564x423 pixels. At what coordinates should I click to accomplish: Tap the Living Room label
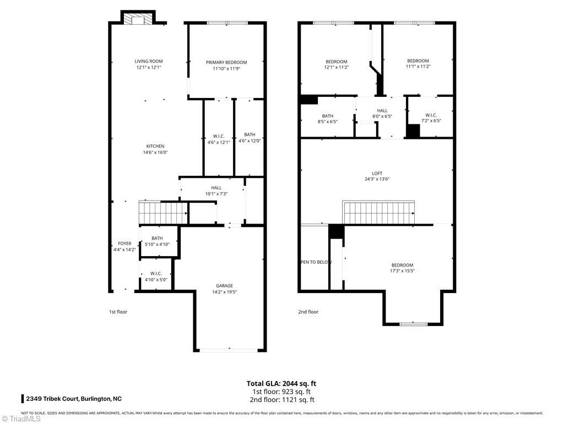tap(149, 61)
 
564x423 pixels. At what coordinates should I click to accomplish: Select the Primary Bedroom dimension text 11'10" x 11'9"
tap(226, 68)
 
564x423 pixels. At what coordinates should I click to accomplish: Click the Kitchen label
tap(155, 146)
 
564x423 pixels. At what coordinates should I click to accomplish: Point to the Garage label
tap(224, 285)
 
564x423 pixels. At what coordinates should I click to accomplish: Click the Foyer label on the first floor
tap(124, 243)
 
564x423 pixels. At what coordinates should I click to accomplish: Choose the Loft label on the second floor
tap(377, 173)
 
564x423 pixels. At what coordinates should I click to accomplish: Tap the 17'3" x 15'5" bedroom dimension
tap(402, 270)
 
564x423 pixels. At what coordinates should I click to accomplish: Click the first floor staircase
tap(162, 212)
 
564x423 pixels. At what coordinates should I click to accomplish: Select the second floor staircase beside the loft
tap(379, 213)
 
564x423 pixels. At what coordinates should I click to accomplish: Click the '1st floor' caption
tap(118, 312)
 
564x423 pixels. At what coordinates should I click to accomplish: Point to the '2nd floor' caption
tap(308, 312)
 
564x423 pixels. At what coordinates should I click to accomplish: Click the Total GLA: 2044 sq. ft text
tap(281, 383)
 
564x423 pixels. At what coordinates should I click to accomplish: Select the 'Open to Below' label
tap(316, 262)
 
